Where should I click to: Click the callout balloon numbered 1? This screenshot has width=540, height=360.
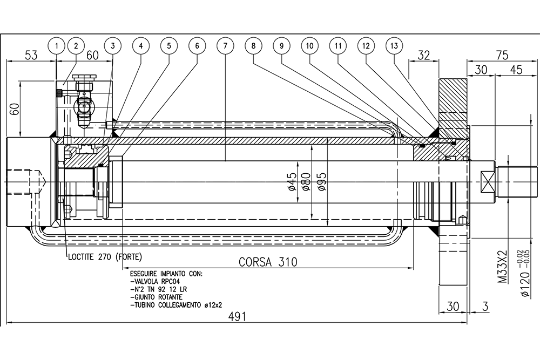coord(56,46)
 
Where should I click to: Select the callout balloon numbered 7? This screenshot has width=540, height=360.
coord(225,46)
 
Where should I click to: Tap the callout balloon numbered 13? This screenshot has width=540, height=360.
coord(395,46)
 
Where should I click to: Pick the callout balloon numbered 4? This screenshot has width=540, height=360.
coord(140,46)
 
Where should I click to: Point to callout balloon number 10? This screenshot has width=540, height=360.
coord(309,46)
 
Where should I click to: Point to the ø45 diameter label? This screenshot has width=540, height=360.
coord(291,182)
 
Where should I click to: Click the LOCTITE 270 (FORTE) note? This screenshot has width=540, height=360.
coord(105,256)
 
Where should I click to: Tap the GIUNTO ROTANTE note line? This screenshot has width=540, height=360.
coord(156,297)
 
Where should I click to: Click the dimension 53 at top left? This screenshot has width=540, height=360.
coord(31,55)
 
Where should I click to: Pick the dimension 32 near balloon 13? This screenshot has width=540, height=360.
coord(424,55)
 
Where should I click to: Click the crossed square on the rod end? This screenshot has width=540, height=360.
coord(489,181)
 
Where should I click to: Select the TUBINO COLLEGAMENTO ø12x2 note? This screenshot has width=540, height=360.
coord(176,305)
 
